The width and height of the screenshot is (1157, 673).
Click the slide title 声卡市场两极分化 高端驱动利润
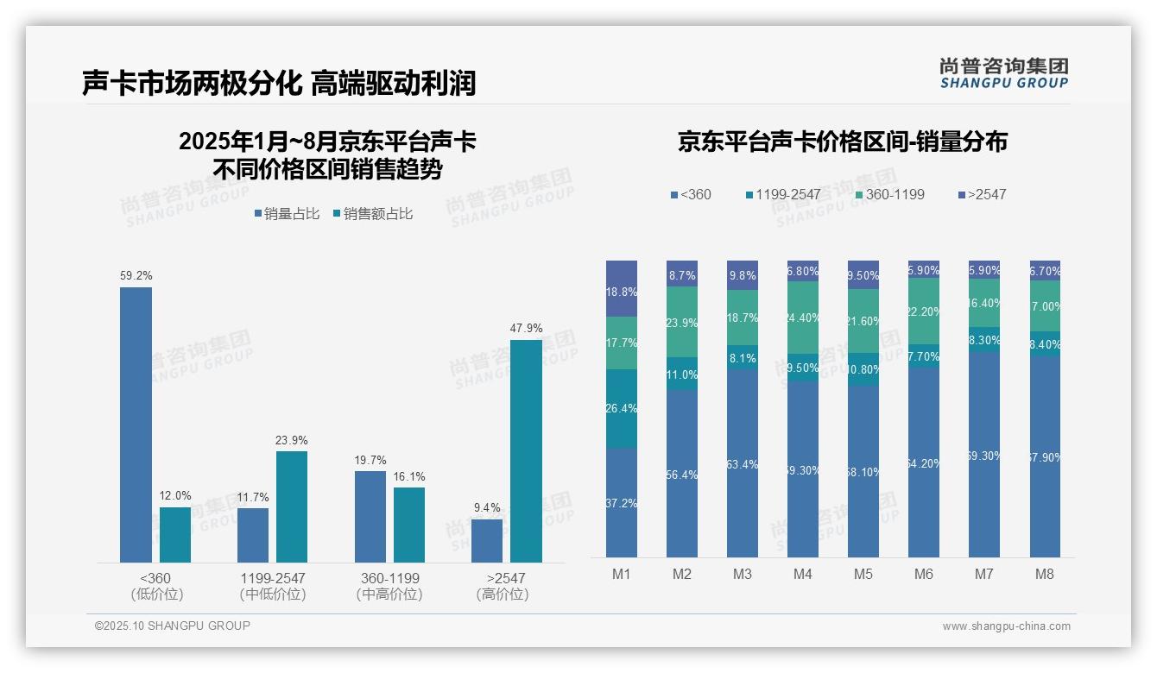(x=279, y=83)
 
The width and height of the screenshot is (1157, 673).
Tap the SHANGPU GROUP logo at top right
(x=1003, y=73)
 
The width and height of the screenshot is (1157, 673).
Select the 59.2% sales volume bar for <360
(x=136, y=425)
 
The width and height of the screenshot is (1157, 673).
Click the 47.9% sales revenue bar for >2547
(x=526, y=450)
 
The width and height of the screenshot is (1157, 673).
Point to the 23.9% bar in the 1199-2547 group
(x=292, y=506)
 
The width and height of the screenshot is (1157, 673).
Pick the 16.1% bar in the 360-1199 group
(x=409, y=525)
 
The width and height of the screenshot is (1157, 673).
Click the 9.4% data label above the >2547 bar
(x=487, y=507)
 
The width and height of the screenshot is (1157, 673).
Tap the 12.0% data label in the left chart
(x=175, y=495)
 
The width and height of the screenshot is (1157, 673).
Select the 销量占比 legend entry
(x=291, y=214)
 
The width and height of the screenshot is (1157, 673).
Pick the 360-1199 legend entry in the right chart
(x=889, y=194)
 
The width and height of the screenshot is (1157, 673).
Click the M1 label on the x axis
(x=622, y=575)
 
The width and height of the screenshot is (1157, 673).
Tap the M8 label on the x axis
(x=1045, y=575)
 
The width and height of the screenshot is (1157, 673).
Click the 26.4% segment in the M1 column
(x=622, y=409)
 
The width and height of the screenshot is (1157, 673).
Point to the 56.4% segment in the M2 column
(x=682, y=473)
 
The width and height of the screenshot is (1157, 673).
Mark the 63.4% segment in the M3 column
(x=743, y=463)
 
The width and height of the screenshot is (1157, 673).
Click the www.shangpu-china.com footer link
(x=1006, y=626)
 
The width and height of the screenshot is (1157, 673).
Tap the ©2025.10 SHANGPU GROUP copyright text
(x=173, y=626)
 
